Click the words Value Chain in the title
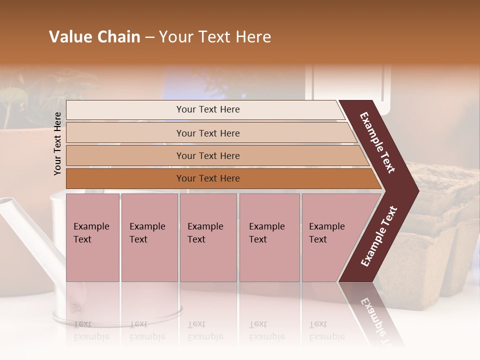94,37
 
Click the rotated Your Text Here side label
57,143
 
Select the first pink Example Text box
92,237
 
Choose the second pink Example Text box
149,237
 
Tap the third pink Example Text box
208,237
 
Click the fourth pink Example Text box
269,237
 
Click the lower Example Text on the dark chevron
379,236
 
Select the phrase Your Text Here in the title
215,37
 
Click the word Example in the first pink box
91,226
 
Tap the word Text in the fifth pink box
318,239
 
